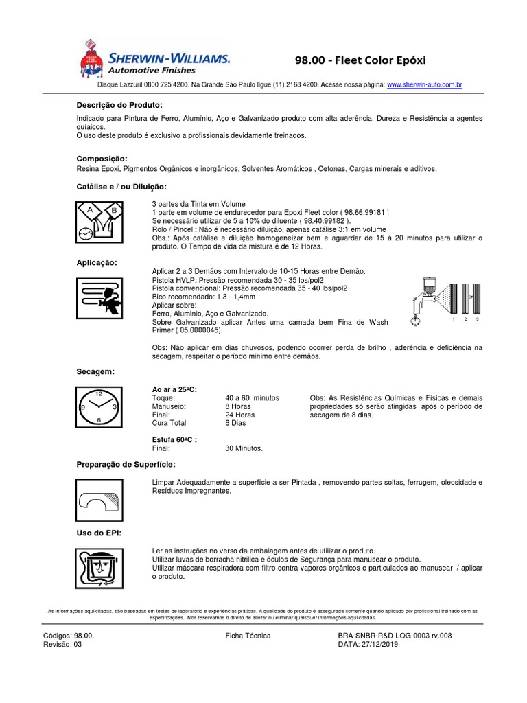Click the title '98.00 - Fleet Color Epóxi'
[x=360, y=60]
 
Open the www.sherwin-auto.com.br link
[x=424, y=85]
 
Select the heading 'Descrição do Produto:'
[x=119, y=105]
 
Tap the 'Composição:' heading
[x=102, y=159]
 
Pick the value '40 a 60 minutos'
[x=252, y=398]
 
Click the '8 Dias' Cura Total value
[x=237, y=424]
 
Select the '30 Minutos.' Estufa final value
[x=244, y=448]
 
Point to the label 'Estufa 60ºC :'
[x=174, y=440]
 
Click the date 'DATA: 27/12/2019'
[x=368, y=645]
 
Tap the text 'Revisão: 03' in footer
[x=62, y=645]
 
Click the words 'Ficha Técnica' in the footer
[x=248, y=636]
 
